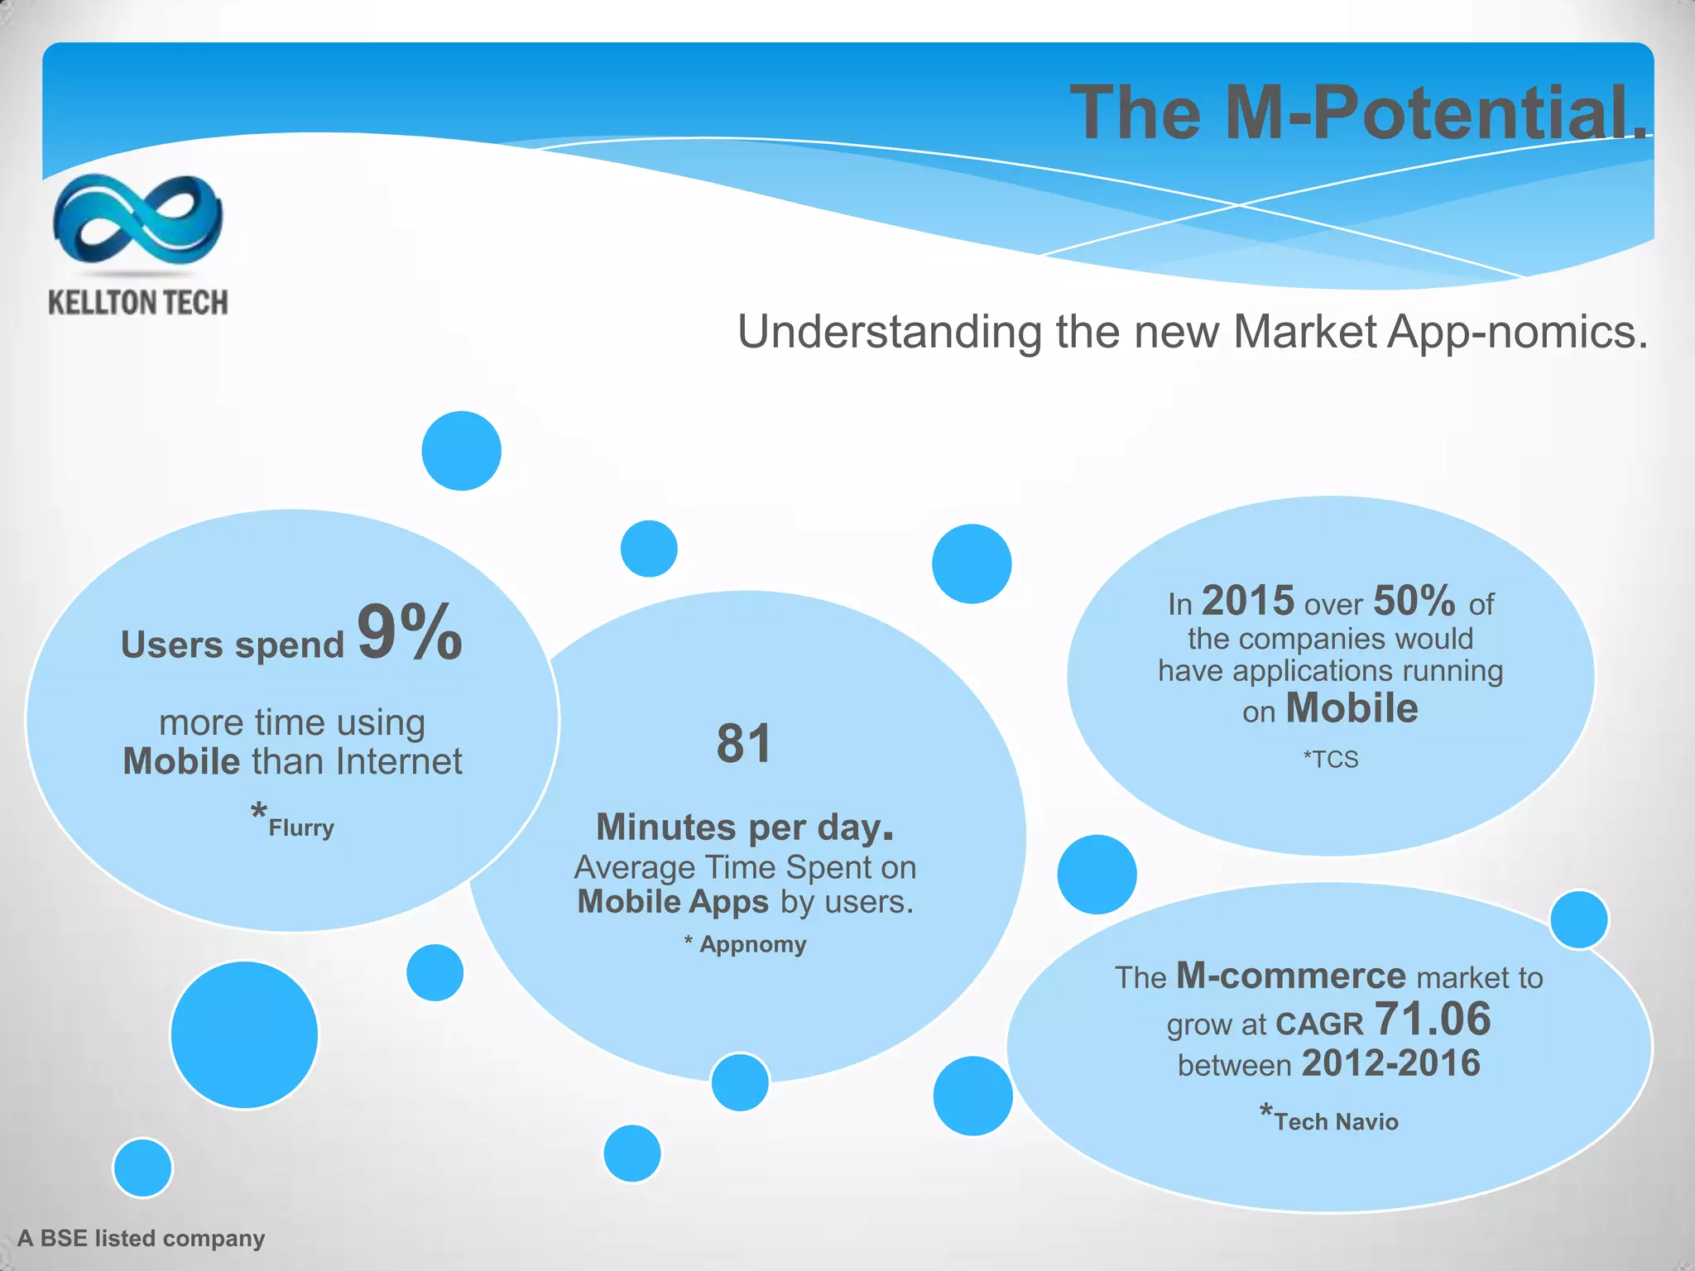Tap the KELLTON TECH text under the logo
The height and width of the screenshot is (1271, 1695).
coord(137,303)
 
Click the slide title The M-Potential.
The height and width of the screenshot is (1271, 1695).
coord(1357,113)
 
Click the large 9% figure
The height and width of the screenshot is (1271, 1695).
coord(410,633)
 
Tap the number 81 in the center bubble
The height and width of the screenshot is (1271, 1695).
coord(743,743)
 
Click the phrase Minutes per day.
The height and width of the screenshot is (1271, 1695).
coord(744,827)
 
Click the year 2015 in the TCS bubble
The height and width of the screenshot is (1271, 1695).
coord(1247,602)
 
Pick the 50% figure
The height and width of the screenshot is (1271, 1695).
coord(1414,602)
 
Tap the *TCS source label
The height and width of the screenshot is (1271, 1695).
coord(1330,759)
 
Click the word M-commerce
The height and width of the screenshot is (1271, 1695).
coord(1290,976)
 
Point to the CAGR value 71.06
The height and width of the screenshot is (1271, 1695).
coord(1432,1019)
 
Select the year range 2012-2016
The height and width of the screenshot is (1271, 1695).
coord(1390,1063)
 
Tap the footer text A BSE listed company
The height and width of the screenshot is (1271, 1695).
coord(141,1238)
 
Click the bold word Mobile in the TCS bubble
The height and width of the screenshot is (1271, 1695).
coord(1352,708)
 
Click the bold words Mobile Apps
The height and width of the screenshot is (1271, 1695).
coord(674,902)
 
